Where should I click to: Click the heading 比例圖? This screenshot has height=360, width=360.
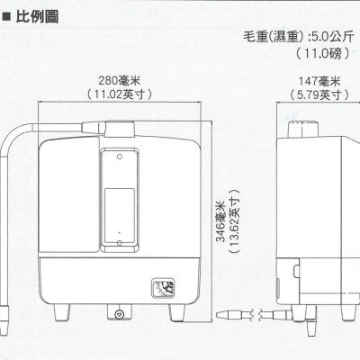[x=37, y=16]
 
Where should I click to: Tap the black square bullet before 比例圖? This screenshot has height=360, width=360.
[x=6, y=17]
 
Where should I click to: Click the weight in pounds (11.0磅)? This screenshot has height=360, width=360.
[x=323, y=54]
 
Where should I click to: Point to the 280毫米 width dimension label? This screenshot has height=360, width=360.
[x=120, y=81]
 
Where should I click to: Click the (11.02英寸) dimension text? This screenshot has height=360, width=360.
[x=120, y=94]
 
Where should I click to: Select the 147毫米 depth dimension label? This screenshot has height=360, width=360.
[x=319, y=81]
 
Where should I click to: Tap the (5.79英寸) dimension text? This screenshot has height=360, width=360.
[x=319, y=94]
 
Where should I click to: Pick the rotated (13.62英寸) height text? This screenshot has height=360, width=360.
[x=234, y=221]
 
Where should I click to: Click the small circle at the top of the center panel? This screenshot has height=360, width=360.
[x=120, y=157]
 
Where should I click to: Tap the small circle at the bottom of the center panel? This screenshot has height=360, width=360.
[x=120, y=243]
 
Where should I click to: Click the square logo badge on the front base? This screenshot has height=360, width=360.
[x=163, y=288]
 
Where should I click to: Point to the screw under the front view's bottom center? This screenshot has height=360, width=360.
[x=119, y=314]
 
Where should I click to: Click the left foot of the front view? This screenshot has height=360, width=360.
[x=62, y=313]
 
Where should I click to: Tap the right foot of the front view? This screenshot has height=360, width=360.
[x=177, y=313]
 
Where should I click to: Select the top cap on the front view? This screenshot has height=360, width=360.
[x=120, y=129]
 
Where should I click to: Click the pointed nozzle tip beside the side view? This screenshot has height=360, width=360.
[x=221, y=315]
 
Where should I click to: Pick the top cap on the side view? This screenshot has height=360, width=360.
[x=302, y=129]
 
